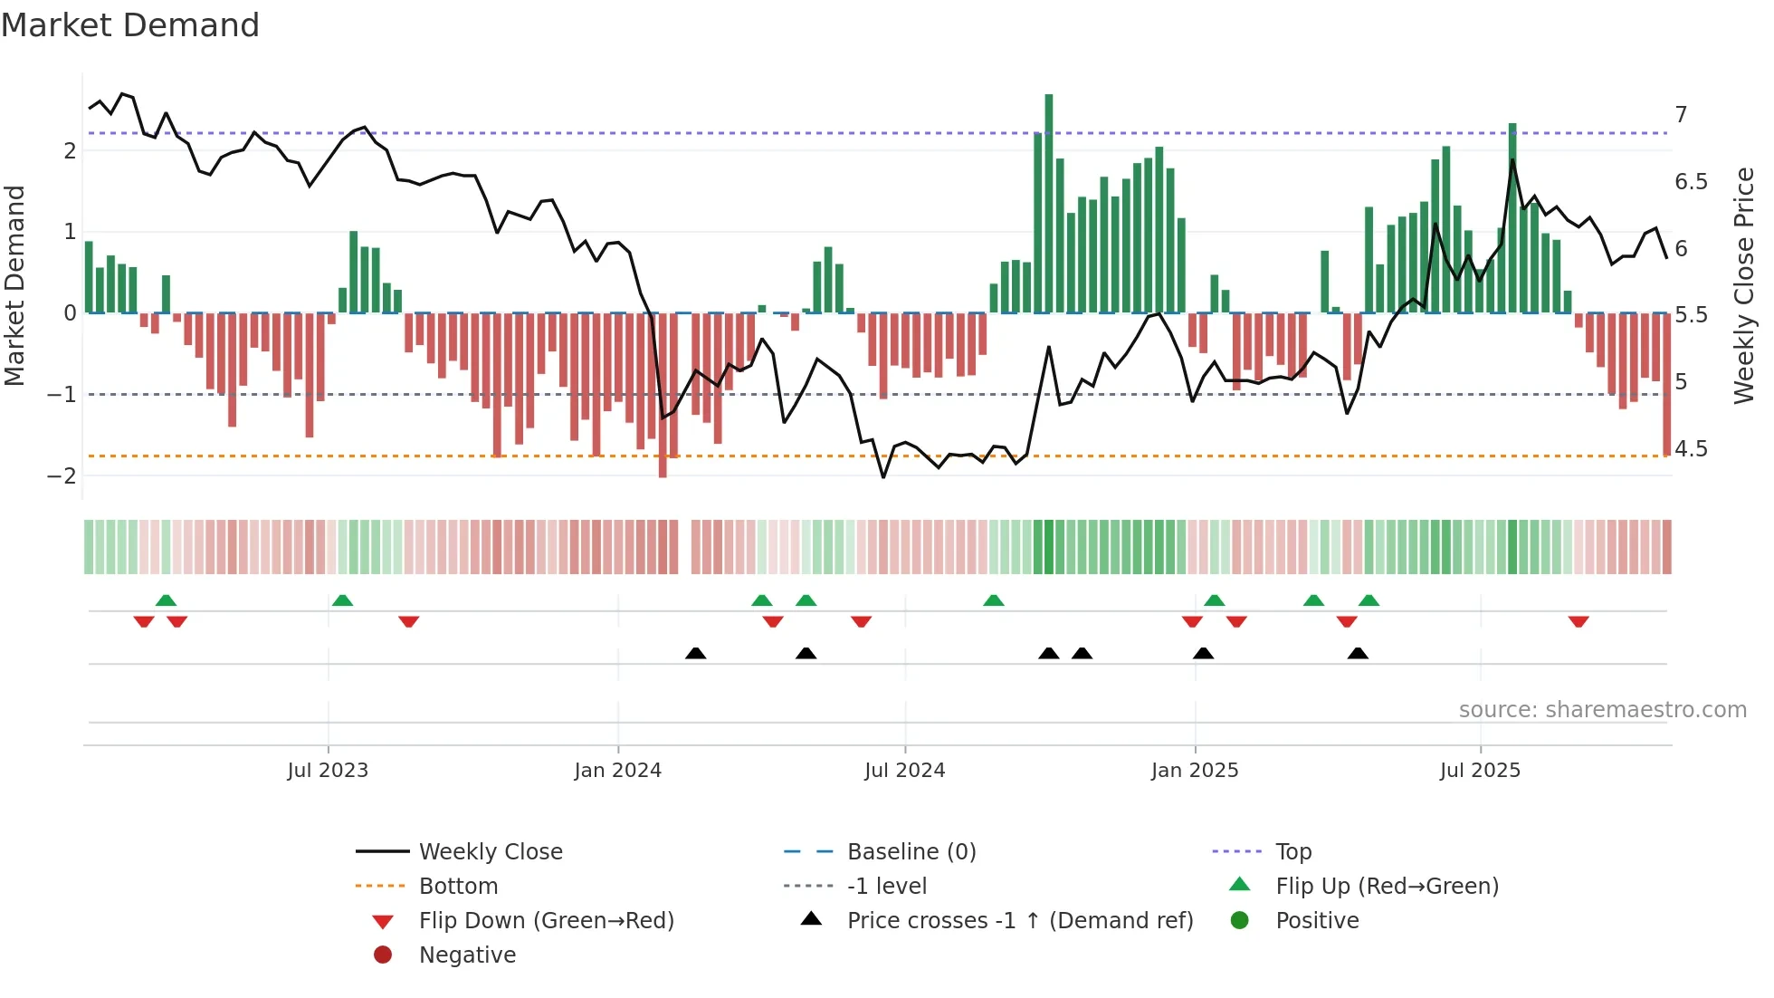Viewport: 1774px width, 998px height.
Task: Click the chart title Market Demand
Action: point(130,25)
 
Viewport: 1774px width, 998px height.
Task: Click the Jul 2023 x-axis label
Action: point(328,771)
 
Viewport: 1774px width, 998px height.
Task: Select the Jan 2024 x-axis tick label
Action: point(618,771)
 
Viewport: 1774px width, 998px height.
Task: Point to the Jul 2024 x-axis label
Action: point(904,771)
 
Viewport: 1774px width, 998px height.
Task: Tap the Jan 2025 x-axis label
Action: point(1195,771)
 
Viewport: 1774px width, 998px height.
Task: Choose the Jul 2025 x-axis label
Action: point(1480,771)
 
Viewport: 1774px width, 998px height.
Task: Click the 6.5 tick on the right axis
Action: point(1691,182)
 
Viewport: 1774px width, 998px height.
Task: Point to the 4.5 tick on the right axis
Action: point(1691,449)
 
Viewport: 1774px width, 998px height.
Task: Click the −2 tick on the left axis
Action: point(62,475)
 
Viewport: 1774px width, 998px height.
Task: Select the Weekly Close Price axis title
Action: point(1744,285)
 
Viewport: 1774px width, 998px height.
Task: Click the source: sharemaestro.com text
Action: point(1602,710)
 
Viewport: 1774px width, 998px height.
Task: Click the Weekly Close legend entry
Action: point(490,852)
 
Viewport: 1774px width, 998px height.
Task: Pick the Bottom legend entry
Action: point(458,887)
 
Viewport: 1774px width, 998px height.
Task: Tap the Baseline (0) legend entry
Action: point(911,852)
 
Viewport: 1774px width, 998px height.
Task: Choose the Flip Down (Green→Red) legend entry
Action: point(546,921)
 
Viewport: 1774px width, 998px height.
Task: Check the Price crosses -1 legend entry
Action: point(1019,921)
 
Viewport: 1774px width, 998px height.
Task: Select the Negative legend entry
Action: point(467,955)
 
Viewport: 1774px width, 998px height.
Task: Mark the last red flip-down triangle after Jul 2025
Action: point(1578,621)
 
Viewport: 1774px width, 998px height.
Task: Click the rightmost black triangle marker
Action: point(1358,653)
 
